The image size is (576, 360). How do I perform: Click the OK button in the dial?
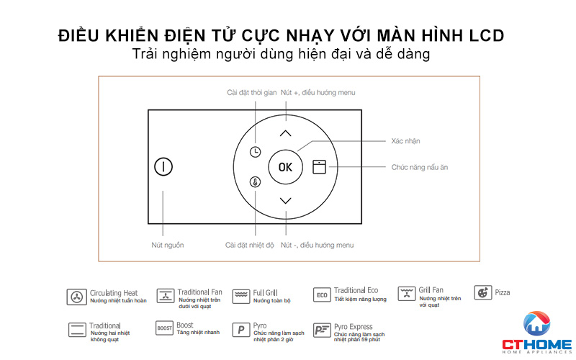[x=286, y=167]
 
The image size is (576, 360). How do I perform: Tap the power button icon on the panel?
[x=163, y=167]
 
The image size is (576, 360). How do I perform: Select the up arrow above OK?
[x=286, y=133]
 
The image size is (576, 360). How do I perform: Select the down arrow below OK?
[x=286, y=201]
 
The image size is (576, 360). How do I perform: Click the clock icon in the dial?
[x=256, y=152]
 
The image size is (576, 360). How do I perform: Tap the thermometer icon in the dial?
[x=256, y=182]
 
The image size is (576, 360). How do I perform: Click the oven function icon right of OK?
[x=319, y=167]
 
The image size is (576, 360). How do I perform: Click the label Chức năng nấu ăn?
[x=420, y=167]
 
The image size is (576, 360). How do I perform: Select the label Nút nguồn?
[x=168, y=246]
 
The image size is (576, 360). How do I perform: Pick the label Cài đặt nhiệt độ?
[x=250, y=246]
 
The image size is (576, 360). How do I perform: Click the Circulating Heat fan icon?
[x=76, y=296]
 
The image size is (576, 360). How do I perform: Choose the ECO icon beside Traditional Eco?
[x=322, y=295]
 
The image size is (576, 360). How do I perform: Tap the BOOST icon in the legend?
[x=165, y=329]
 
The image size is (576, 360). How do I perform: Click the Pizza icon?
[x=482, y=293]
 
